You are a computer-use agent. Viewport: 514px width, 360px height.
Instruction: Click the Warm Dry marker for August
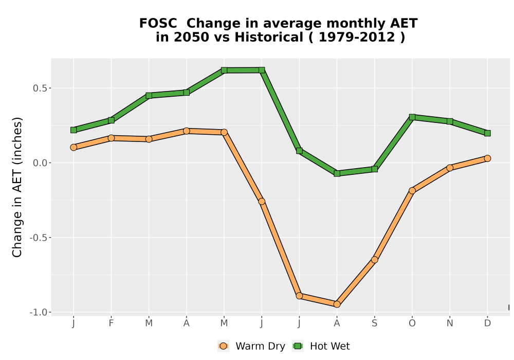[x=337, y=304]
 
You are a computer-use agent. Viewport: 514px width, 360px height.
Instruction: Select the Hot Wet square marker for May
[x=224, y=70]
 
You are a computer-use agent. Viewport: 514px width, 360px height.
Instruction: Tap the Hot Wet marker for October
[x=412, y=117]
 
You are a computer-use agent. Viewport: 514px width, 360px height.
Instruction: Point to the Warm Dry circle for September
[x=374, y=260]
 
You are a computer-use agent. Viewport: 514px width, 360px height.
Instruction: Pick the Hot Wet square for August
[x=337, y=173]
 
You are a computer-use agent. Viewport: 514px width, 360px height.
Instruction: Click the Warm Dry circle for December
[x=487, y=158]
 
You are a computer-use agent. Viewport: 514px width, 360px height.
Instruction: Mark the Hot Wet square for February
[x=111, y=120]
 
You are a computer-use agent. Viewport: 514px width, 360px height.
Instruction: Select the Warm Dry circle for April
[x=186, y=131]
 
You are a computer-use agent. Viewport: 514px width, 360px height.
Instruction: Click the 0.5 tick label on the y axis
[x=40, y=88]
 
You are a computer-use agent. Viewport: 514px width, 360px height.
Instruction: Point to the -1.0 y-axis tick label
[x=39, y=313]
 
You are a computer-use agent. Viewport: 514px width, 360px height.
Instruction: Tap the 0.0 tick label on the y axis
[x=40, y=163]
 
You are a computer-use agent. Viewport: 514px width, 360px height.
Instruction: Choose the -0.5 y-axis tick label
[x=39, y=238]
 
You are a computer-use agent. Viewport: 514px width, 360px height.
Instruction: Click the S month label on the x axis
[x=374, y=323]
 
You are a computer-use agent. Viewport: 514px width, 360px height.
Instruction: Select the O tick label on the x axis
[x=412, y=323]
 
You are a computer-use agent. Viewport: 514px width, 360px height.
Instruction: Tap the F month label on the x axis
[x=111, y=323]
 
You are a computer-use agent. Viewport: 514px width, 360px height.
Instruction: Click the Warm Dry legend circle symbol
[x=223, y=346]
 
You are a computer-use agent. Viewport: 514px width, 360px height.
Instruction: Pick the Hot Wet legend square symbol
[x=298, y=346]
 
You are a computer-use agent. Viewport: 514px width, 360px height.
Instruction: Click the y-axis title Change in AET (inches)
[x=17, y=187]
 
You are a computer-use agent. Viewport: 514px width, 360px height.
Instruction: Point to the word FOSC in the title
[x=158, y=24]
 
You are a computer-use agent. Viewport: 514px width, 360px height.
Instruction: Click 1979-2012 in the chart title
[x=357, y=38]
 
